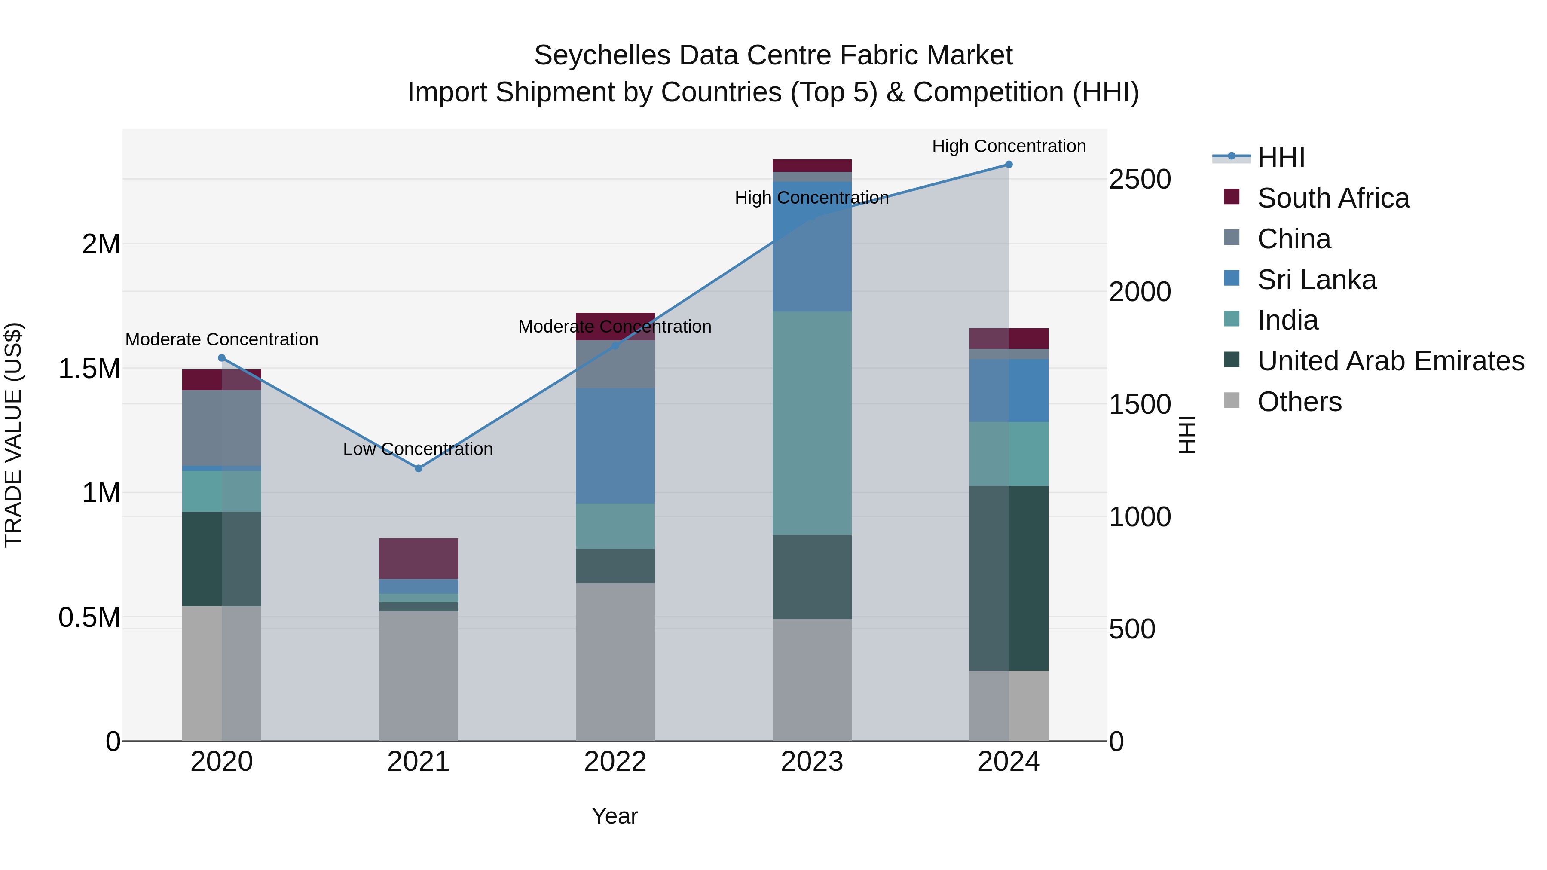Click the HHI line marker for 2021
419,468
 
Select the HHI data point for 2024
1009,165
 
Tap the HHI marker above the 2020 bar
222,358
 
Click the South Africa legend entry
1333,198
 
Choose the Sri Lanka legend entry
1316,280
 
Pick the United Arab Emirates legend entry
1390,361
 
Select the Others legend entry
1299,402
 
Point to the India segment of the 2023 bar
812,423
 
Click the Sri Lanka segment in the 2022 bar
615,446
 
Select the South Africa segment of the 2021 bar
419,559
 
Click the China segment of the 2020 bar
222,427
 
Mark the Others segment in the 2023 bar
812,680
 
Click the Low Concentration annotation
418,449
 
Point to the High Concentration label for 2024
1009,147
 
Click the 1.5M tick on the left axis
89,369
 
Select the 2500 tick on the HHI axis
1139,180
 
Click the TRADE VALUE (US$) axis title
13,435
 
